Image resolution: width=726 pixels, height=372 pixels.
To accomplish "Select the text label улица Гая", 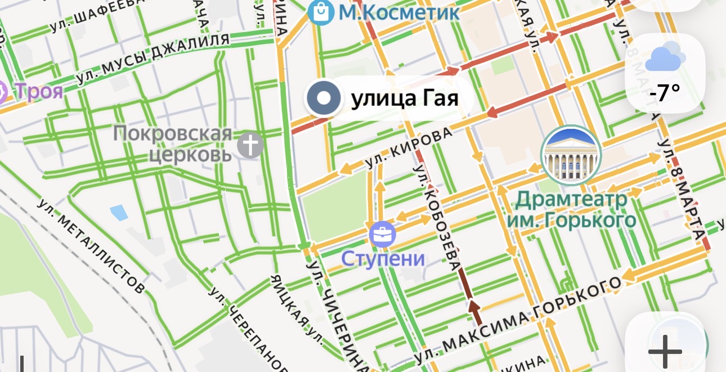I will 404,99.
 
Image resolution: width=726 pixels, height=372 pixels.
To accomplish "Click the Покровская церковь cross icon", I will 250,145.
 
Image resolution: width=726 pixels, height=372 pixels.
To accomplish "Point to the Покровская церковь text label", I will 173,144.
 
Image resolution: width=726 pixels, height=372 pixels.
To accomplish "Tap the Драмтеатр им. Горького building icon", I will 571,155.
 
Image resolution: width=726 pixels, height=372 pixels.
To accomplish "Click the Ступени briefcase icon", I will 382,235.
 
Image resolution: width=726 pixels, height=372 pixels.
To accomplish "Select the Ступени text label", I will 383,259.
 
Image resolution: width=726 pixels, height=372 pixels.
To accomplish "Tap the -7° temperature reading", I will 665,92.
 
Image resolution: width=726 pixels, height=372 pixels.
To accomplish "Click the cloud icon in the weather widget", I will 665,57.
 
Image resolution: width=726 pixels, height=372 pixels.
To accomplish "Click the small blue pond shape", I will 119,213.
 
